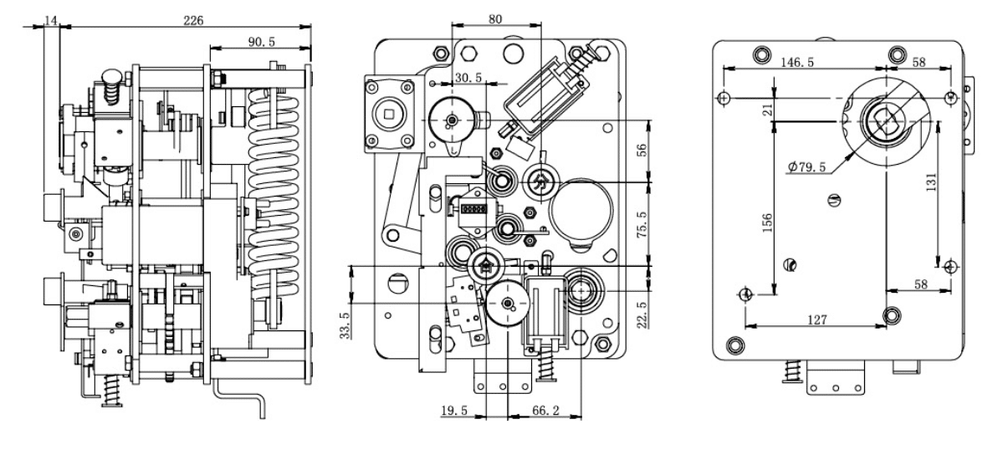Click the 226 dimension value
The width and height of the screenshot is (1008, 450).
tap(193, 20)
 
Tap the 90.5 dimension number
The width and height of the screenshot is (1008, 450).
tap(262, 42)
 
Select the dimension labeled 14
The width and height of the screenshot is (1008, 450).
tap(52, 20)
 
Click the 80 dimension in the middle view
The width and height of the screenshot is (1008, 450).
tap(494, 19)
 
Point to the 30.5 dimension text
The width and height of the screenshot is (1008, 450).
tap(468, 78)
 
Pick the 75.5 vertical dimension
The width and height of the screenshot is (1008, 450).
tap(642, 224)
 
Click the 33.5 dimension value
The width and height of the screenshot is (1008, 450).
tap(345, 325)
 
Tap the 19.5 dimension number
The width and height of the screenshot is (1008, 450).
tap(454, 411)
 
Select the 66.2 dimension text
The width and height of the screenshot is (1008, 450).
tap(545, 411)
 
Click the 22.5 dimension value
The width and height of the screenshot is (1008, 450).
tap(642, 315)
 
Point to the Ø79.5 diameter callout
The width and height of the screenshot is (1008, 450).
tap(807, 167)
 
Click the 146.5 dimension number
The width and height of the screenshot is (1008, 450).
tap(797, 62)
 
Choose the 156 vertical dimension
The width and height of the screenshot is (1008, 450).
tap(767, 222)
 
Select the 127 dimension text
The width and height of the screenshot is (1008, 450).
tap(817, 320)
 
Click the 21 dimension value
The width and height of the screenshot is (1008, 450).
tap(767, 110)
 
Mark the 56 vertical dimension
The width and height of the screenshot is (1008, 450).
tap(642, 150)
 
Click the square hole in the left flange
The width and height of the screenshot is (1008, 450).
tap(389, 114)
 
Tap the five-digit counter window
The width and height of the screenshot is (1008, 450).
tap(473, 209)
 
